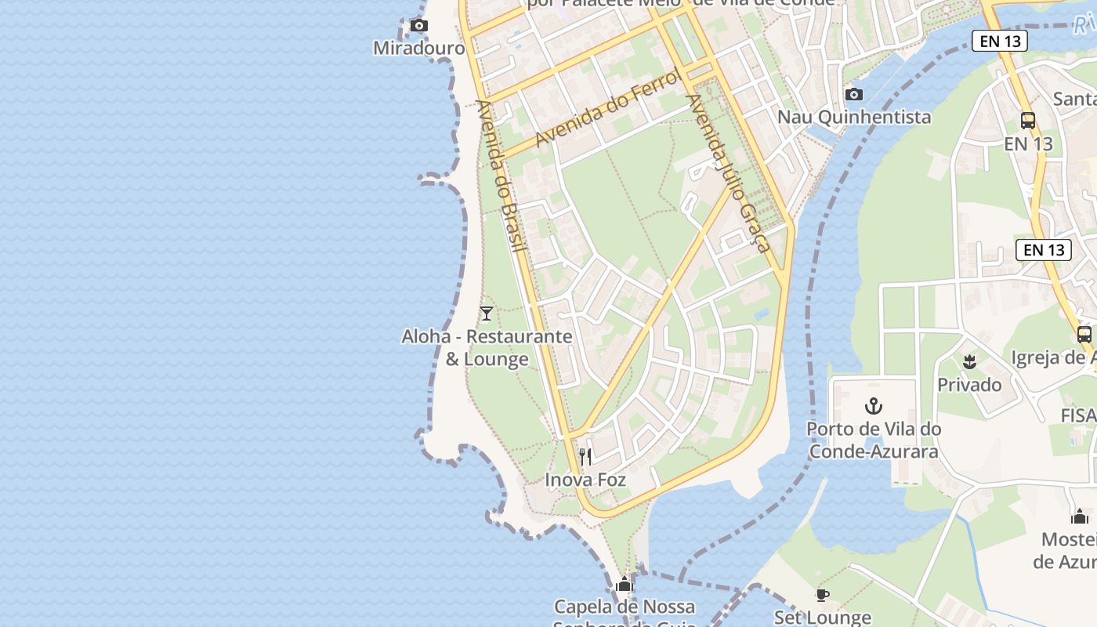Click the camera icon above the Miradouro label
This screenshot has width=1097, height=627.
pyautogui.click(x=419, y=26)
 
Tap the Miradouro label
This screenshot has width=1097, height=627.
pyautogui.click(x=419, y=48)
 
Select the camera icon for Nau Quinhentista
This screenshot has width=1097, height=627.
pyautogui.click(x=854, y=95)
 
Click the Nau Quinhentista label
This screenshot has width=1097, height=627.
pyautogui.click(x=854, y=117)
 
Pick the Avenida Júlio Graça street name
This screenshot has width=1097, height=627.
pyautogui.click(x=729, y=172)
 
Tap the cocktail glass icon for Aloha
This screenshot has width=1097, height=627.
pyautogui.click(x=487, y=313)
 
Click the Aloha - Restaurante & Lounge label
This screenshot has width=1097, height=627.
pyautogui.click(x=487, y=348)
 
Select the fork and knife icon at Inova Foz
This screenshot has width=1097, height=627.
pyautogui.click(x=585, y=456)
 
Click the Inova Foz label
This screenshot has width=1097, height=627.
pyautogui.click(x=585, y=479)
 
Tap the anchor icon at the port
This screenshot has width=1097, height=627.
pyautogui.click(x=873, y=406)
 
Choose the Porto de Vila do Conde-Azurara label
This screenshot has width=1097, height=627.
pyautogui.click(x=874, y=440)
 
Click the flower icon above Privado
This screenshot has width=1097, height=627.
pyautogui.click(x=969, y=361)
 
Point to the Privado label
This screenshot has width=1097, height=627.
pyautogui.click(x=969, y=384)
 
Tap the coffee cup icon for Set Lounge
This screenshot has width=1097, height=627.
pyautogui.click(x=822, y=595)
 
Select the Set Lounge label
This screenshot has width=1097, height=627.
pyautogui.click(x=822, y=618)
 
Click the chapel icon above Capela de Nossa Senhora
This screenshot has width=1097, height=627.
pyautogui.click(x=625, y=584)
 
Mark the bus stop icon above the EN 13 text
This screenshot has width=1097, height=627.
pyautogui.click(x=1028, y=121)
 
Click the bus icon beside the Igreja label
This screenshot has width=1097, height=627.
pyautogui.click(x=1084, y=335)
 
